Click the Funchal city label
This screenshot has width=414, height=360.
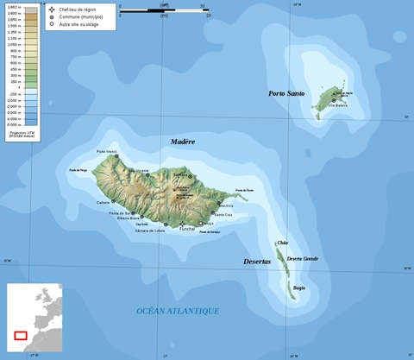(187, 229)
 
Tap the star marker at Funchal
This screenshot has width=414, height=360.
(182, 224)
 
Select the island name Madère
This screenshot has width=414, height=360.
(183, 142)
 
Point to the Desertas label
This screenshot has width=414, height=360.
(258, 261)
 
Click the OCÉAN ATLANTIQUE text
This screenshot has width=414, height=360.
(178, 311)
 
